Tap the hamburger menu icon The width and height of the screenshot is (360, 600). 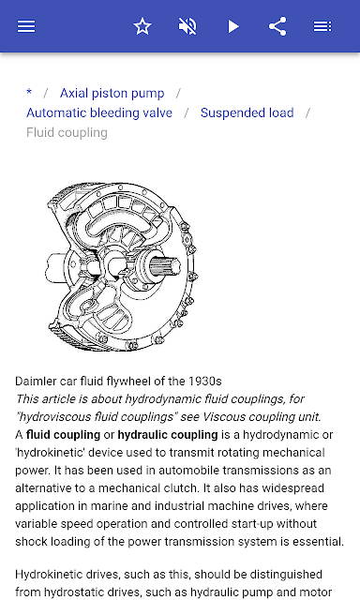(26, 26)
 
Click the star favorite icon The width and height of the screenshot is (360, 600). (142, 26)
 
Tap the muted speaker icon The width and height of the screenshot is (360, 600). (187, 26)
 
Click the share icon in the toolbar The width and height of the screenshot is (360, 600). (277, 26)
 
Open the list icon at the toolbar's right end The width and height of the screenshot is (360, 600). (322, 26)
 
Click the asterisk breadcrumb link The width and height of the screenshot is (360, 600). (29, 92)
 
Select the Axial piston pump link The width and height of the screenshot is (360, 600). (112, 93)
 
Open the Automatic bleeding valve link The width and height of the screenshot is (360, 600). (99, 112)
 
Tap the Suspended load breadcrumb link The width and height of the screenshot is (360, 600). (247, 112)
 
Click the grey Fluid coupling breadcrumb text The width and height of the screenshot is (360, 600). (67, 133)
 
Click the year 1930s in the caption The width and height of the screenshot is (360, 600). (205, 382)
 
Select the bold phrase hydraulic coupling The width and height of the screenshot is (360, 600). (168, 435)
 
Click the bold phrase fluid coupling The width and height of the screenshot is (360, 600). (63, 435)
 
